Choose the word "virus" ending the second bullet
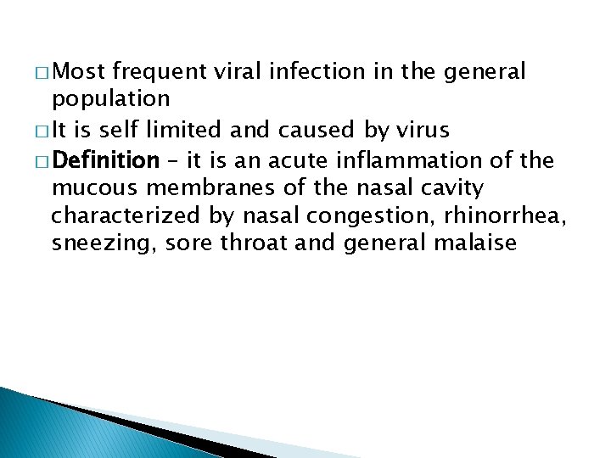[x=429, y=131]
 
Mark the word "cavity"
[x=456, y=187]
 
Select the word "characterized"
[x=121, y=216]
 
